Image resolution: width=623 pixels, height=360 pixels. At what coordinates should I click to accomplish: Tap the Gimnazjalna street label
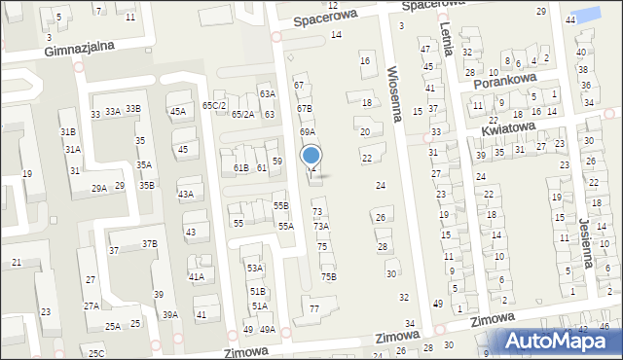point(81,46)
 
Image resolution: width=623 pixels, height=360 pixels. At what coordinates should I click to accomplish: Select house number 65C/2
point(213,105)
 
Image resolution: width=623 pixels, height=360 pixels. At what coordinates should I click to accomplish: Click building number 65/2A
point(242,115)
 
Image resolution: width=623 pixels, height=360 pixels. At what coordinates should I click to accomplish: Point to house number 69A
point(307,131)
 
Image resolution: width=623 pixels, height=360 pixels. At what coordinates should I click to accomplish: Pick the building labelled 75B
point(329,276)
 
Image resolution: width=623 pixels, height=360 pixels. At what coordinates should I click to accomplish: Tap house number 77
point(313,309)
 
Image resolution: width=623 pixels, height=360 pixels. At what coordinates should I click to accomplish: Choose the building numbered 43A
point(185,194)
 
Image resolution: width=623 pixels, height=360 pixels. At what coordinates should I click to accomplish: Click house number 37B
point(149,243)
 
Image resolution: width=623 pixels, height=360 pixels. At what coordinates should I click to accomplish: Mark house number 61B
point(240,168)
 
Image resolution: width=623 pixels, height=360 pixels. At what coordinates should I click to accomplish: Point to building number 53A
point(254,268)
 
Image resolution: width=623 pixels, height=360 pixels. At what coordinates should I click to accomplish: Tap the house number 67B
point(305,109)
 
